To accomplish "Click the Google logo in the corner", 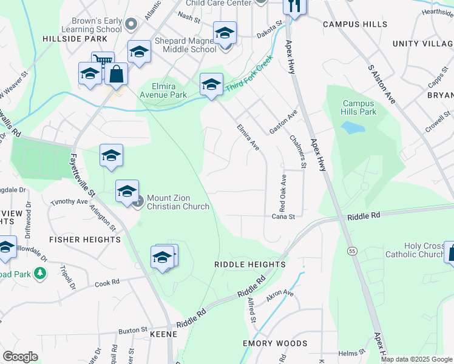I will point(20,357).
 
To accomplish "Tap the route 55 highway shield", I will point(351,251).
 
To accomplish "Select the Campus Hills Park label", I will point(359,108).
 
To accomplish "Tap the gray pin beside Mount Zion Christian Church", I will point(138,201).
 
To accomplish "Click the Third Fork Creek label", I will point(249,76).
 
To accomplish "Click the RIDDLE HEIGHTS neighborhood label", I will point(249,265).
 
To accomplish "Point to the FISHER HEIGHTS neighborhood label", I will point(85,240).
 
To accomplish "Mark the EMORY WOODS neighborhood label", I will point(275,343).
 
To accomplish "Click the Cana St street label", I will point(283,216).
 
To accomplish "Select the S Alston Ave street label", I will point(381,84).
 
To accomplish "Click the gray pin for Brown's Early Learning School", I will point(132,24).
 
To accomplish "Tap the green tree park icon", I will point(40,274).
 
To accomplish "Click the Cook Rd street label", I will point(106,283).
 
